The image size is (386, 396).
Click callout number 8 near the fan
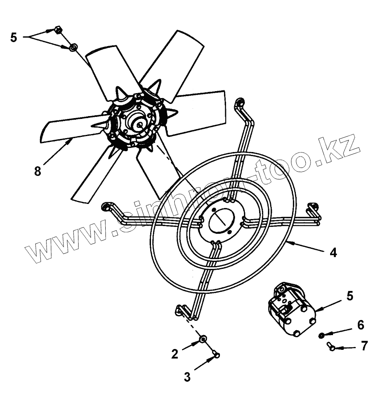pyautogui.click(x=38, y=171)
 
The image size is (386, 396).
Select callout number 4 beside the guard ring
pyautogui.click(x=333, y=253)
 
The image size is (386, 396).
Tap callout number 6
pyautogui.click(x=360, y=325)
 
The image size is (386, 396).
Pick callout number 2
pyautogui.click(x=175, y=354)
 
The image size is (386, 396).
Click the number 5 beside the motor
pyautogui.click(x=350, y=296)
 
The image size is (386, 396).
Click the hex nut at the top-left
pyautogui.click(x=58, y=30)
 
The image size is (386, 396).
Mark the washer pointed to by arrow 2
pyautogui.click(x=203, y=339)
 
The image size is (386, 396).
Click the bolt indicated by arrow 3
pyautogui.click(x=216, y=355)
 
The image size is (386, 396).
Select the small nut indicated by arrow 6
pyautogui.click(x=322, y=336)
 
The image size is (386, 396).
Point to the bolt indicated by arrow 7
pyautogui.click(x=331, y=347)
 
